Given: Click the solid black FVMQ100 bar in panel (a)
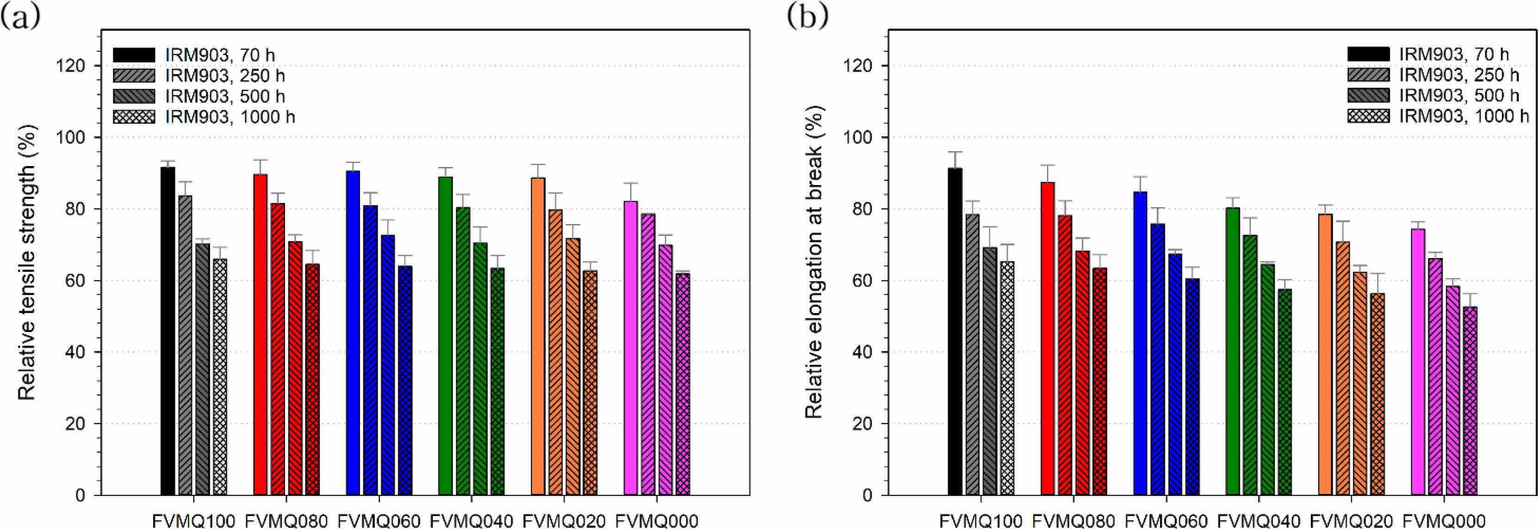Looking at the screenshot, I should tap(168, 331).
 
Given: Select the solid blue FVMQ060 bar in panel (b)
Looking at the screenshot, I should tap(1140, 343).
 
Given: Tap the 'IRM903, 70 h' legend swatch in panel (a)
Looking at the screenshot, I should tap(134, 55).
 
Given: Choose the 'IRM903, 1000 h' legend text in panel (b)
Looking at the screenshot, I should tap(1464, 116).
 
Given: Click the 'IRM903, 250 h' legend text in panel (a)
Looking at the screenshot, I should tap(225, 76).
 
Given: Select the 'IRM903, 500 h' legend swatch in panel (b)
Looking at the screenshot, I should tap(1369, 95).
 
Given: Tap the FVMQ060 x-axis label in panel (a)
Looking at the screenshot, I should tap(378, 521).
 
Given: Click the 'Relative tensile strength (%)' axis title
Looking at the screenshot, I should tap(27, 262).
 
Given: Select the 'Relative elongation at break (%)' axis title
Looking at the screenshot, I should tap(814, 262).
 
